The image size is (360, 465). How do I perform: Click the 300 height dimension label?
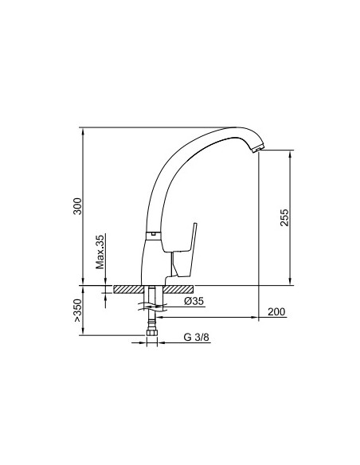click(x=77, y=206)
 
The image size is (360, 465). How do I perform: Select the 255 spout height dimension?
click(x=284, y=217)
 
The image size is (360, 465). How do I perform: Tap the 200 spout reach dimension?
click(x=276, y=311)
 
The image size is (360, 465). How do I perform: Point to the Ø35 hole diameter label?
click(x=194, y=301)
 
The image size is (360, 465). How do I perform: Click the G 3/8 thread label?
click(x=196, y=337)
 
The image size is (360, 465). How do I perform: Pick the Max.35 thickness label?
click(x=100, y=252)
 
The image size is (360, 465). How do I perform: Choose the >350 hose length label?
click(x=77, y=311)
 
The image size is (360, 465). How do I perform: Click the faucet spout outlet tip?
click(x=257, y=150)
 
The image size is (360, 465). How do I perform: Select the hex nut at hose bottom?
click(x=152, y=332)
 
